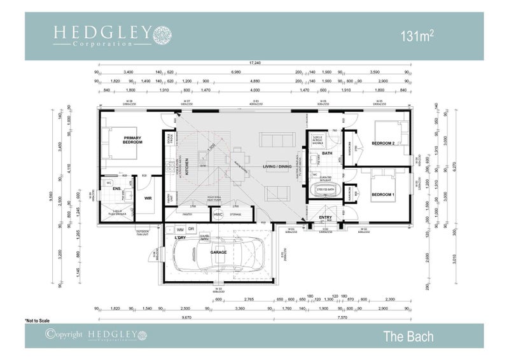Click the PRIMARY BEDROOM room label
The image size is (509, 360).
point(132,140)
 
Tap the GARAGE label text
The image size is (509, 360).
point(219,253)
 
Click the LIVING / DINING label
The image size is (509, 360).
point(278,167)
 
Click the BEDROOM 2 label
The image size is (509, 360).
point(384,143)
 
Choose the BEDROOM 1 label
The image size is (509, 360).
point(383,194)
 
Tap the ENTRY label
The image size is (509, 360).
point(325,217)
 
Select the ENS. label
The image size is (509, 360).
point(117,189)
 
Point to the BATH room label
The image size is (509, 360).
point(327,153)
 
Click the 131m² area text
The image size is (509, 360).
point(417,36)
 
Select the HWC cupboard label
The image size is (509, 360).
point(218,215)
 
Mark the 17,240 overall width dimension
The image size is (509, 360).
point(255,64)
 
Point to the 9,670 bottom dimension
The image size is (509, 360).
point(186,316)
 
